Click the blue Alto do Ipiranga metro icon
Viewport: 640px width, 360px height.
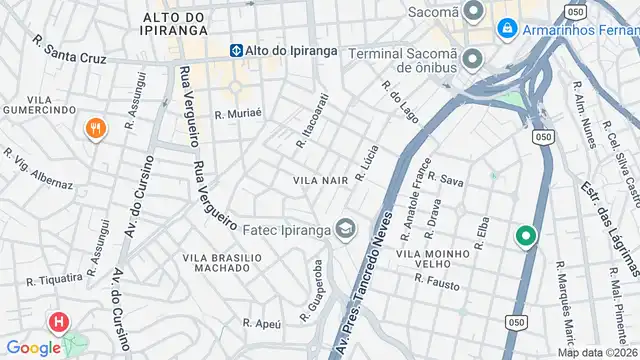click(x=237, y=49)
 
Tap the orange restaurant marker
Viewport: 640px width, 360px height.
click(x=96, y=129)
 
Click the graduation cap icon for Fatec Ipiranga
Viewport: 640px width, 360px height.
click(x=345, y=231)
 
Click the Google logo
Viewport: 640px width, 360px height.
click(x=34, y=347)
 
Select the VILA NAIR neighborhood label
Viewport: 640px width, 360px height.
click(x=320, y=180)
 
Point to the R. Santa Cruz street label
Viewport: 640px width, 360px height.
click(x=69, y=51)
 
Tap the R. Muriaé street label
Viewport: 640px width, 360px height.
click(x=238, y=114)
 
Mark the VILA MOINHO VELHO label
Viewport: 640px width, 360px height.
click(x=433, y=260)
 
